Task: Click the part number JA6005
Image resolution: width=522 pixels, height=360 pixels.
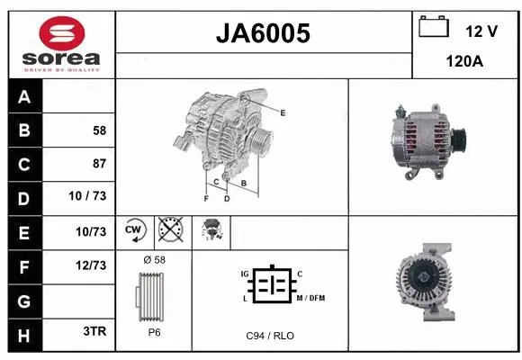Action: (x=265, y=33)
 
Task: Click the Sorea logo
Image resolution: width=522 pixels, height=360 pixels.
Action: (x=61, y=42)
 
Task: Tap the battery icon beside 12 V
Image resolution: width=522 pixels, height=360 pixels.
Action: (x=434, y=27)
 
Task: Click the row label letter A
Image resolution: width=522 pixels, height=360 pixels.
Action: (x=23, y=97)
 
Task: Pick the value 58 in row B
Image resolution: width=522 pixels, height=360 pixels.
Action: (x=98, y=130)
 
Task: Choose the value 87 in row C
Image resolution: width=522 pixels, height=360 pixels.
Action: (x=98, y=164)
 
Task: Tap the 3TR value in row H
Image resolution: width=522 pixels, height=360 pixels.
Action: (x=94, y=331)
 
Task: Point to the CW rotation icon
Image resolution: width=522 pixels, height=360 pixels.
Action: (x=134, y=231)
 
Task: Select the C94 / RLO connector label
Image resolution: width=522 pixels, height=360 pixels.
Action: (x=270, y=336)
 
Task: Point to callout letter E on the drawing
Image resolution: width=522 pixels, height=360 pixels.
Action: (x=283, y=112)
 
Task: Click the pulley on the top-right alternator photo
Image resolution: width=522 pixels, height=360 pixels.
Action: (x=459, y=139)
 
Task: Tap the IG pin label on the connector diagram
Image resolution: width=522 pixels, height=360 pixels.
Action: (x=244, y=274)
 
